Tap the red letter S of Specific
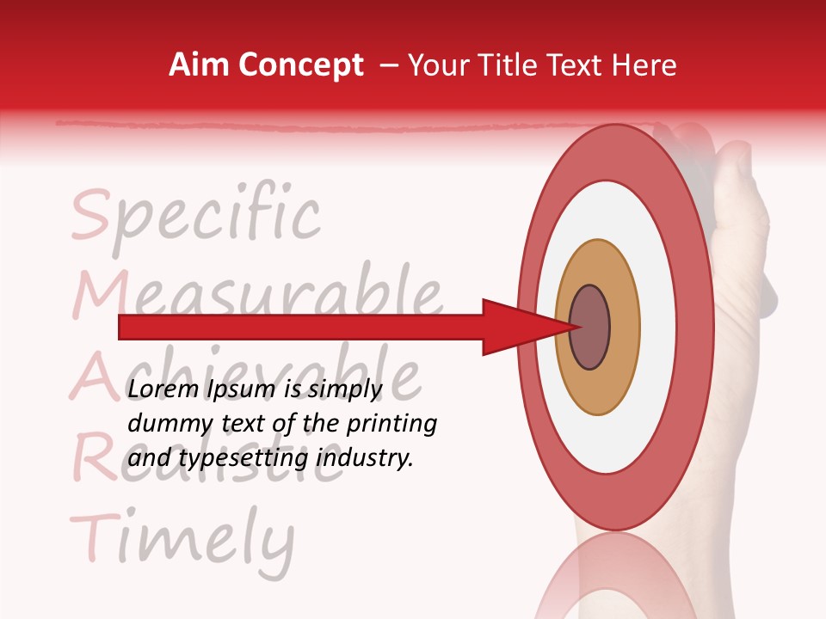point(90,217)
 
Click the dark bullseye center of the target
point(590,328)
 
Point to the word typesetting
point(243,459)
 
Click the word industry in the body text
point(365,458)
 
